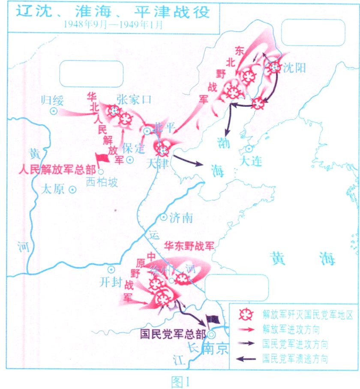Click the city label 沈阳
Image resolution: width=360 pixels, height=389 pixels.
295,67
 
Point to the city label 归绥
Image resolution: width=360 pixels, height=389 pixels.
52,101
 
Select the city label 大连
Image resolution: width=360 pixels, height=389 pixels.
251,162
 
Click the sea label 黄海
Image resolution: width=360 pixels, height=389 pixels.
303,258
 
